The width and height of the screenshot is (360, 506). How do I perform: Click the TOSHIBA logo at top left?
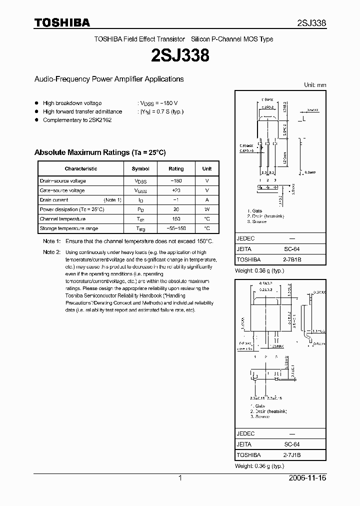(62, 22)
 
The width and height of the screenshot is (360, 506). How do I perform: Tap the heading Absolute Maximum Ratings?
(100, 152)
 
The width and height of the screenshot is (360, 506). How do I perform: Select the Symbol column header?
(140, 169)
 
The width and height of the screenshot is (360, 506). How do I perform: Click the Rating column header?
(176, 169)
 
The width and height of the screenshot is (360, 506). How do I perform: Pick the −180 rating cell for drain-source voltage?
(176, 181)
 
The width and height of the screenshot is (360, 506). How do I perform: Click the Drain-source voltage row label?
(63, 181)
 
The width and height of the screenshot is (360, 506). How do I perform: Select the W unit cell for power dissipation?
(207, 209)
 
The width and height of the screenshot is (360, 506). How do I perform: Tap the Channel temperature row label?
(62, 219)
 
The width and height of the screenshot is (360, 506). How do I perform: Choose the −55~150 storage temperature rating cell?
(176, 228)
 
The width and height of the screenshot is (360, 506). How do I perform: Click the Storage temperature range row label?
(69, 228)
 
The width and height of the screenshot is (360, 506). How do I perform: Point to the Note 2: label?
(51, 252)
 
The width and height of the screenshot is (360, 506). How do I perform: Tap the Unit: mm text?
(315, 85)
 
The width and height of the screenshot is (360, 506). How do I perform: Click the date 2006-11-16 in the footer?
(308, 478)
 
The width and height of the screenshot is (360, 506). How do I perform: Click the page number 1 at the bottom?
(180, 478)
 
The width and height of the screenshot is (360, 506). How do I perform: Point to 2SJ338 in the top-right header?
(311, 23)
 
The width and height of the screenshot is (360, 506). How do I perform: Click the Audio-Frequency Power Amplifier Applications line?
(108, 79)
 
